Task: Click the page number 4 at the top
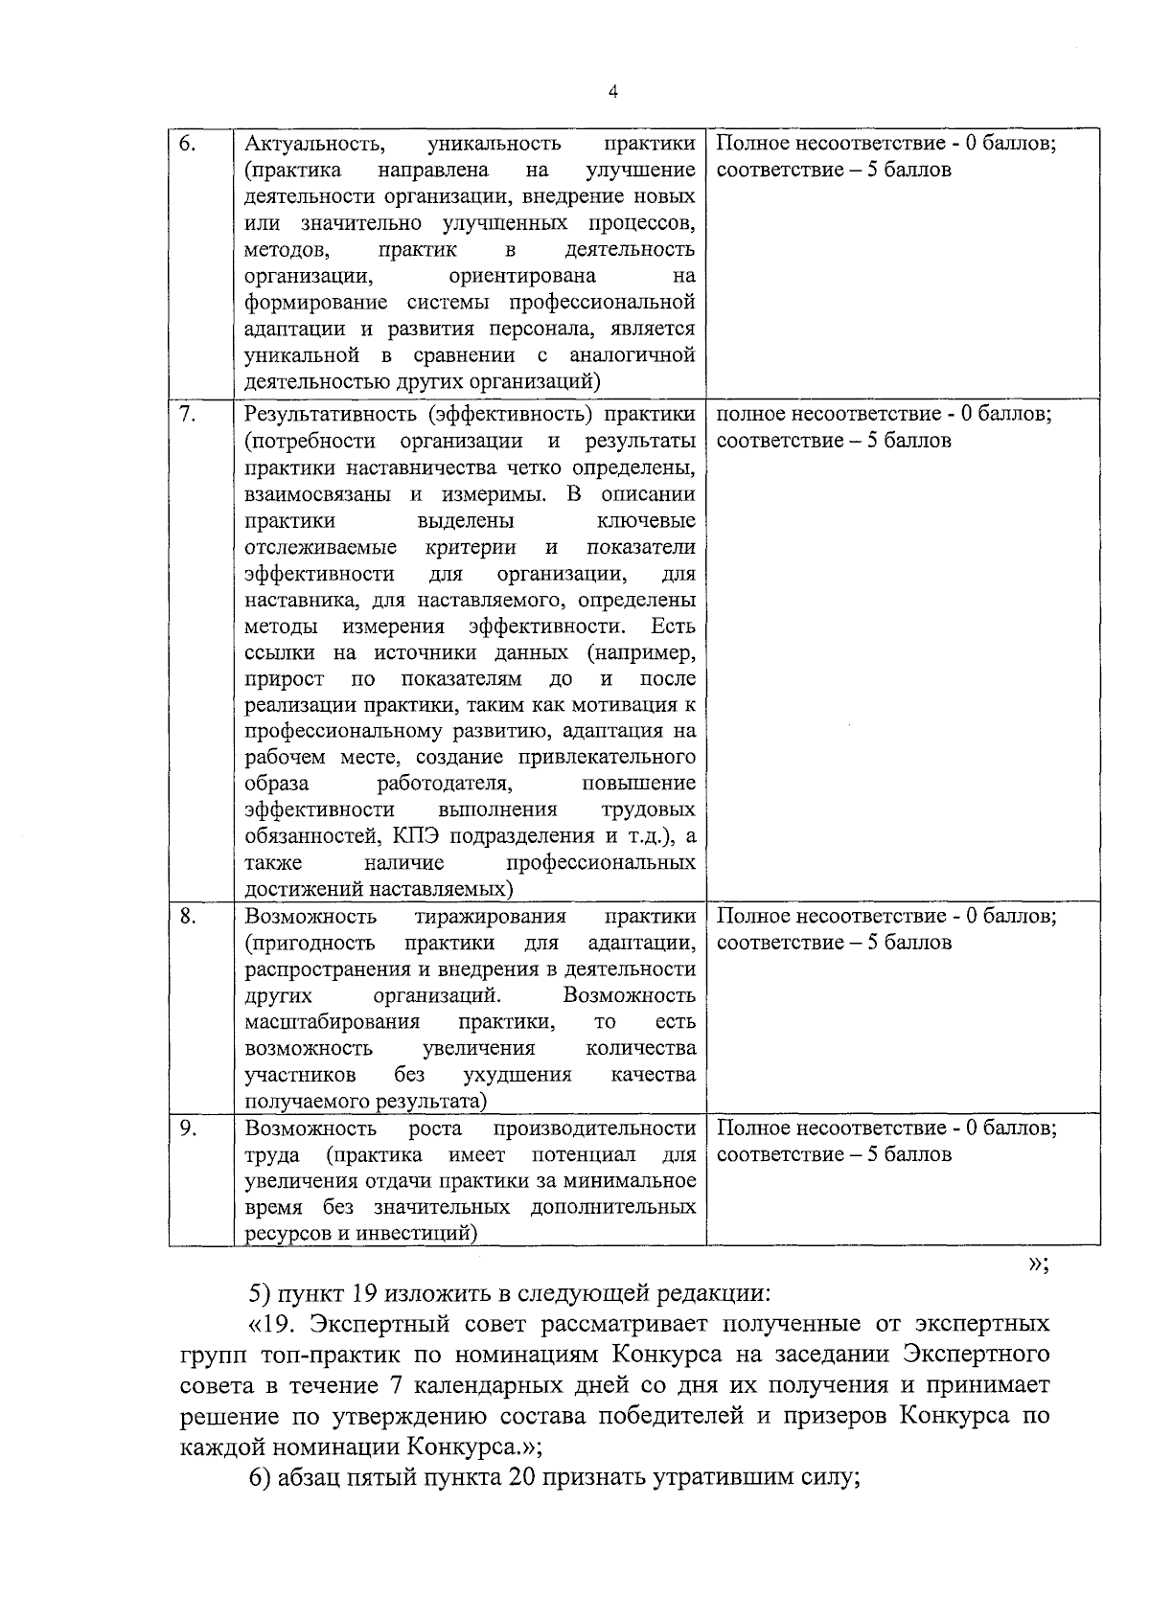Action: coord(612,92)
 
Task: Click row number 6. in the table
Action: coord(188,144)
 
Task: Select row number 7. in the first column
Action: coord(188,415)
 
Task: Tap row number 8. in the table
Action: coord(188,916)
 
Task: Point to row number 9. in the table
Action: coord(188,1128)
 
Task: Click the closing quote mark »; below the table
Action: coord(1038,1264)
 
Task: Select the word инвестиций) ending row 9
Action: coord(417,1233)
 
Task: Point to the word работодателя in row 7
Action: coord(444,784)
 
